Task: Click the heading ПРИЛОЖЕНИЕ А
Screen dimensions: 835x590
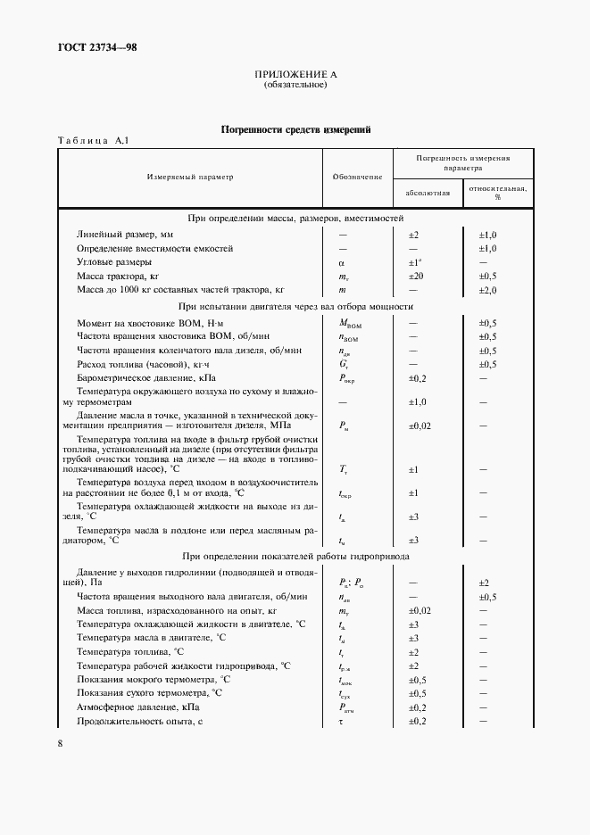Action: [295, 75]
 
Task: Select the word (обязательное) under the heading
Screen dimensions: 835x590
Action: [295, 86]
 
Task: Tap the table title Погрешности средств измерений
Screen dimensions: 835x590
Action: [295, 130]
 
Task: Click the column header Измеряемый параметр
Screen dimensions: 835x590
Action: [190, 177]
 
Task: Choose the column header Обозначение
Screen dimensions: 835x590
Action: [357, 177]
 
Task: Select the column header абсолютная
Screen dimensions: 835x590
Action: [427, 192]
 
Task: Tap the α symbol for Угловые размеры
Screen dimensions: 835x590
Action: [341, 262]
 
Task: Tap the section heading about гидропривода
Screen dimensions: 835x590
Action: [295, 556]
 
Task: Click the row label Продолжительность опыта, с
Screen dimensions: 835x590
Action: [140, 720]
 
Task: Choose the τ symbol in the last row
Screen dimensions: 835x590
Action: [341, 720]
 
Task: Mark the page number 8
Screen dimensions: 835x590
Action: [60, 743]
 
